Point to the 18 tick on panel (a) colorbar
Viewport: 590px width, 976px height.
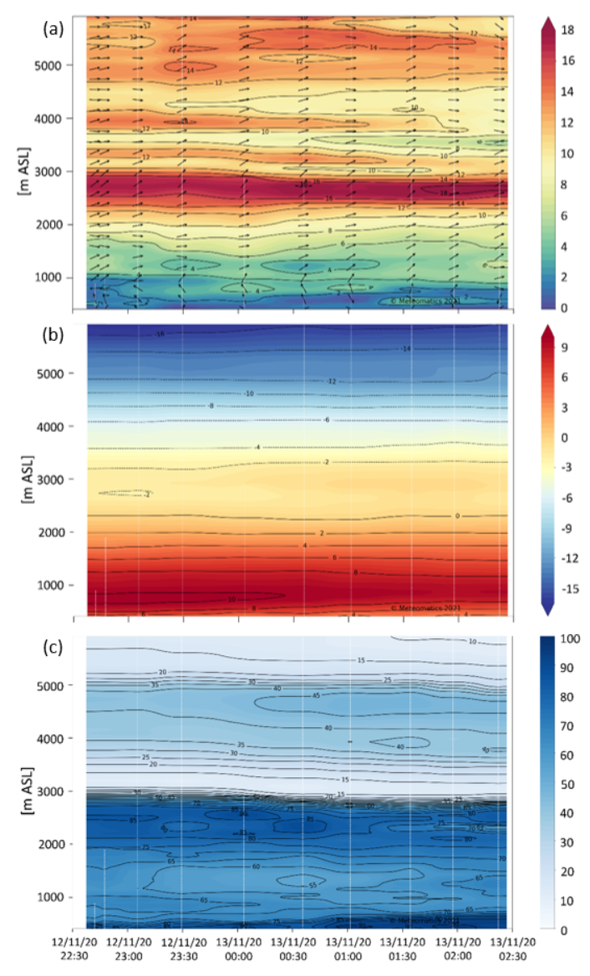click(x=567, y=30)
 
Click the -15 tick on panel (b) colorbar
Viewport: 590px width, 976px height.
click(x=568, y=589)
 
